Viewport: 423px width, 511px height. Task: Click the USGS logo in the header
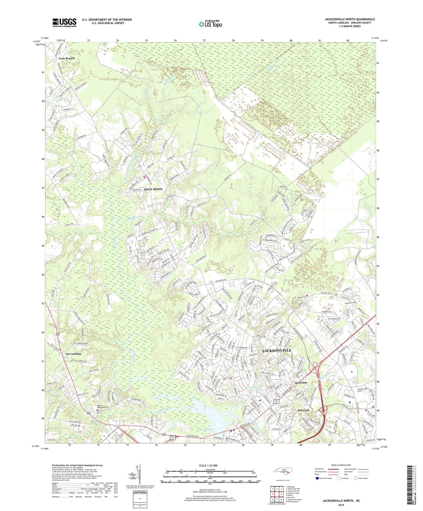point(64,23)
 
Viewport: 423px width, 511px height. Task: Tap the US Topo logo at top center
point(210,24)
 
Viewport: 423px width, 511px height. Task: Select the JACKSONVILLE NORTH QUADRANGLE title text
point(350,19)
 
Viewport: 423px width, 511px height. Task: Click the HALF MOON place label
point(153,189)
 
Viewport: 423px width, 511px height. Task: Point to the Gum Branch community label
point(66,58)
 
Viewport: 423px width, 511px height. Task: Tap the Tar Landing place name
point(73,354)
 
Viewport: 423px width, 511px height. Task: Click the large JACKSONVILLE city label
point(277,350)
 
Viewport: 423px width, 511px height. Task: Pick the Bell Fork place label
point(303,410)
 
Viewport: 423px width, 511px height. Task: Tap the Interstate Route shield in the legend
point(318,479)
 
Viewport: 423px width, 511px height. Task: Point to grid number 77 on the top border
point(204,40)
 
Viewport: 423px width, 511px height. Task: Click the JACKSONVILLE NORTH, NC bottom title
point(341,501)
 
